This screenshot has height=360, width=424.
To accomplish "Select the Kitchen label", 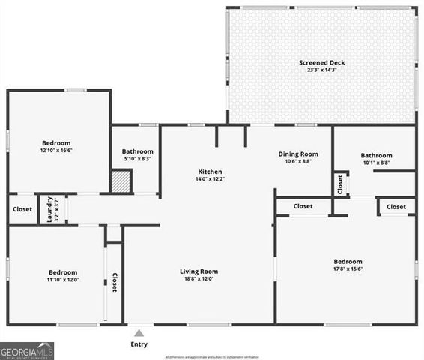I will [210, 171].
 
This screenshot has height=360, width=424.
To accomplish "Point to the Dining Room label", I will [297, 154].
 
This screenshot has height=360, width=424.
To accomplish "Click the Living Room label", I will [199, 271].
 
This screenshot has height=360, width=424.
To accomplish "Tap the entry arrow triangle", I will [139, 332].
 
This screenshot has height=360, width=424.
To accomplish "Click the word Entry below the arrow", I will [139, 344].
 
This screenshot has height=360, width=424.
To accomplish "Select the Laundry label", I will [50, 209].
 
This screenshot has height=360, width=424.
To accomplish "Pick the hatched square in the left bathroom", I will [121, 182].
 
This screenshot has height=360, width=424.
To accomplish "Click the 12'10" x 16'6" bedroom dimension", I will [55, 151].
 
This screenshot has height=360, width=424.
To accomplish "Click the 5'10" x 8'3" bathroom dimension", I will [138, 159].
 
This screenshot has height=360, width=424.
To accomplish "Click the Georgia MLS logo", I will [28, 350].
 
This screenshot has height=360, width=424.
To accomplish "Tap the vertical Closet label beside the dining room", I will [340, 184].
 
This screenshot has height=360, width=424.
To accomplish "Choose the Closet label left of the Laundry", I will [22, 209].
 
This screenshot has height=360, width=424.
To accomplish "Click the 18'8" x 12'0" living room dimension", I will [199, 279].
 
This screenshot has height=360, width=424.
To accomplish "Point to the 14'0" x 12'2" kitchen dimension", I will [210, 179].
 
